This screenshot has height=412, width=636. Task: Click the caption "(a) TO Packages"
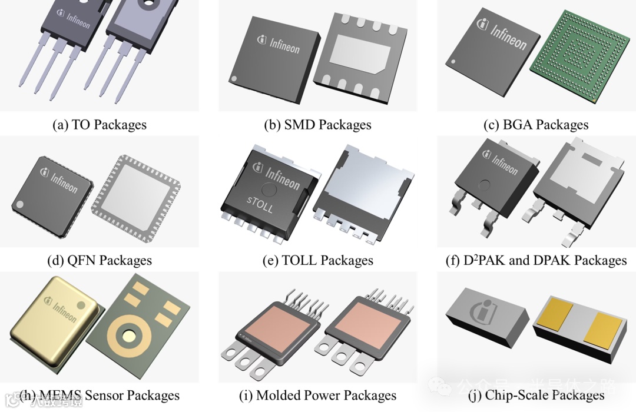click(100, 125)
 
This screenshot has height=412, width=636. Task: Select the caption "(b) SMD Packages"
click(318, 125)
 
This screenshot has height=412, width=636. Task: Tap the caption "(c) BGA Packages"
click(536, 125)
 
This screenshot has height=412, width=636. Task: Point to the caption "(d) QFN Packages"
click(100, 260)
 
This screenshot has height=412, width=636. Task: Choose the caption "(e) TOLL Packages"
click(318, 260)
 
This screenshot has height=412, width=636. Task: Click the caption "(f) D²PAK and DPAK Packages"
click(536, 260)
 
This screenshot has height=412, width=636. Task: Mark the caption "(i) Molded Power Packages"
click(318, 396)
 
